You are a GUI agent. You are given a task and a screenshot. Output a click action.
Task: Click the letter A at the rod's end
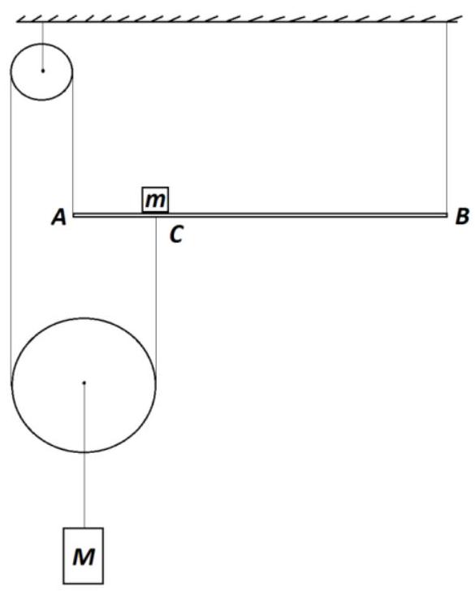(58, 218)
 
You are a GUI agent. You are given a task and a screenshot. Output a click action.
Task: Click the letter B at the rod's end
(462, 217)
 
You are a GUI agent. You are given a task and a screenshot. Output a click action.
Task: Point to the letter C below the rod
(176, 235)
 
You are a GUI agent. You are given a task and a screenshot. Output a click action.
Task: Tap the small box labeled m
(155, 200)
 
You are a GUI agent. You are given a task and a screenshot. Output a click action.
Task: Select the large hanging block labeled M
(84, 555)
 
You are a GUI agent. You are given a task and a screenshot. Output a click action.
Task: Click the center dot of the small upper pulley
(42, 71)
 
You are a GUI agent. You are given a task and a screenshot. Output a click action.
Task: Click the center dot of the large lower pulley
(84, 382)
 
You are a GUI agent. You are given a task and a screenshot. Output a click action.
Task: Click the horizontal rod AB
(260, 215)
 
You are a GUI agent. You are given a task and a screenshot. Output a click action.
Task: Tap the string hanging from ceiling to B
(447, 118)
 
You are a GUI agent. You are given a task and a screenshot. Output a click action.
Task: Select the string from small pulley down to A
(72, 143)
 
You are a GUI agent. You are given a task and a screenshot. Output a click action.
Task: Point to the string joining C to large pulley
(156, 300)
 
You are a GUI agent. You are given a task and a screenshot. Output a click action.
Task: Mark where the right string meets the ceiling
(447, 22)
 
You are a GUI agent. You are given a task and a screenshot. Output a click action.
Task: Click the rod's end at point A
(73, 215)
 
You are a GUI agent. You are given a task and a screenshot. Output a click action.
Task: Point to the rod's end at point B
(447, 215)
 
